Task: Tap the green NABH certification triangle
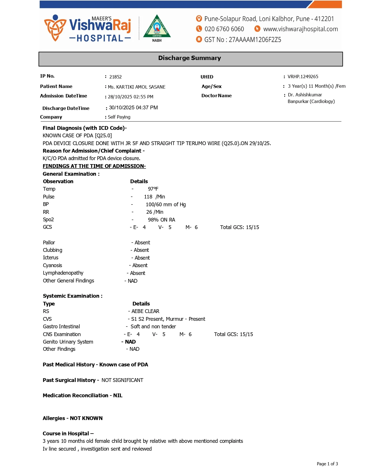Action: pyautogui.click(x=157, y=28)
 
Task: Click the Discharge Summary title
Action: pyautogui.click(x=189, y=58)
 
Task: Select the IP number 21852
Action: pyautogui.click(x=115, y=77)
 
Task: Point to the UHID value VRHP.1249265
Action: pyautogui.click(x=303, y=77)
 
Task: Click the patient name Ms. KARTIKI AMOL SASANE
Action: pyautogui.click(x=137, y=87)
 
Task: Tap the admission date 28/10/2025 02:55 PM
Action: pyautogui.click(x=130, y=97)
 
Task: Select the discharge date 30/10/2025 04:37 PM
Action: pyautogui.click(x=133, y=108)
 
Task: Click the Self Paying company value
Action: pyautogui.click(x=119, y=117)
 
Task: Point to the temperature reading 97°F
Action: pyautogui.click(x=153, y=189)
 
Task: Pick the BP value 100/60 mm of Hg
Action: pyautogui.click(x=166, y=205)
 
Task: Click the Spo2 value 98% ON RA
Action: pyautogui.click(x=161, y=220)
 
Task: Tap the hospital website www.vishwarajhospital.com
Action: pyautogui.click(x=300, y=29)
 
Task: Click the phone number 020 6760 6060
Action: pyautogui.click(x=224, y=29)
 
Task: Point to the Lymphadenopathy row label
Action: pyautogui.click(x=63, y=273)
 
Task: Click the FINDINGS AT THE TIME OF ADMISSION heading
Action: pyautogui.click(x=94, y=166)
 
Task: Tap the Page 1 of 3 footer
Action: pyautogui.click(x=327, y=464)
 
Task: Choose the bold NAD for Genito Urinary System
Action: pyautogui.click(x=130, y=342)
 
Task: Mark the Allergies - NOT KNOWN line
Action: pyautogui.click(x=72, y=418)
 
